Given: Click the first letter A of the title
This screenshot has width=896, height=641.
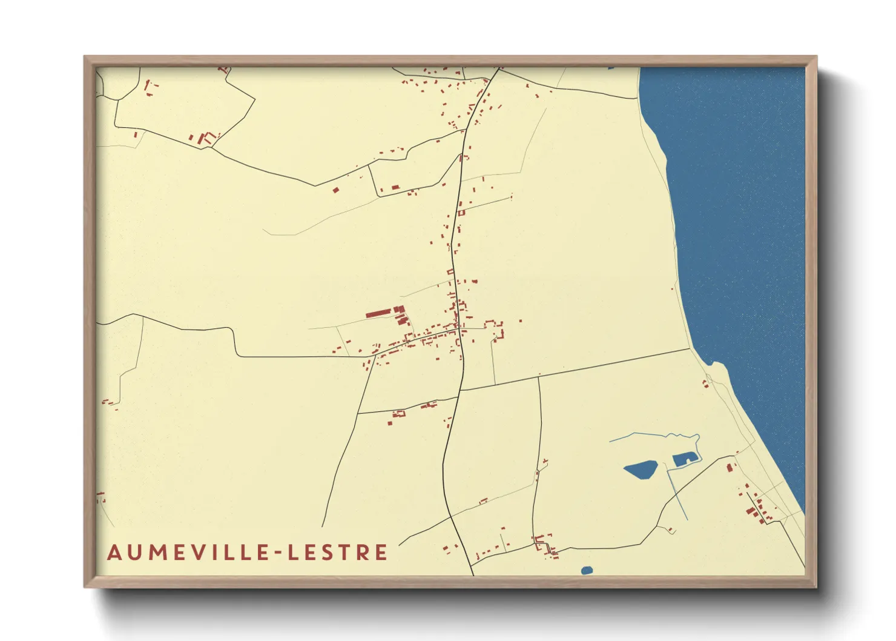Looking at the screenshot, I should pos(114,553).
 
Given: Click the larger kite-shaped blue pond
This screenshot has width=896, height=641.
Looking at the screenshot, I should pos(640,470).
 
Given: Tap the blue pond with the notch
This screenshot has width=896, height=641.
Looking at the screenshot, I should pos(682,459).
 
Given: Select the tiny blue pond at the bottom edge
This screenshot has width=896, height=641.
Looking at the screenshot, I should pos(586,570).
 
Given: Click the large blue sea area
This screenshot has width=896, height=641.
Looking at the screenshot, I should pos(745,212).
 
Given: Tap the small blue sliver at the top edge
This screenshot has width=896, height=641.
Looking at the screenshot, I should pos(611,68).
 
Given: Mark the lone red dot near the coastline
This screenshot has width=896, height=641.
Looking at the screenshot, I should pos(672,289).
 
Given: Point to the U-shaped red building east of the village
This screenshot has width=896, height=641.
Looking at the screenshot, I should pos(494,327).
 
